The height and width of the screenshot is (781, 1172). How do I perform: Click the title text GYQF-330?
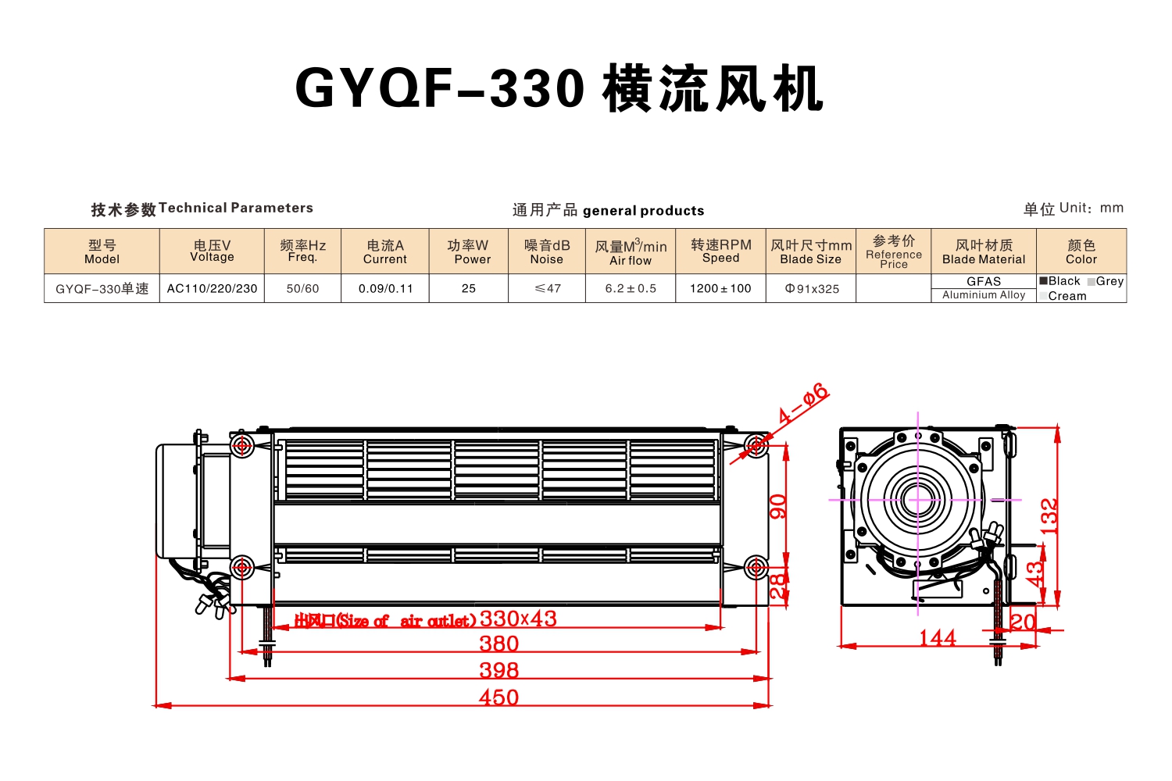[440, 88]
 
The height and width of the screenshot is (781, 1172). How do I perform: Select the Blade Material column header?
[984, 251]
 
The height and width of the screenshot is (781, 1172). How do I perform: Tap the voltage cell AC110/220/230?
[212, 289]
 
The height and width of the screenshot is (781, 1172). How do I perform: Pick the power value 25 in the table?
[469, 289]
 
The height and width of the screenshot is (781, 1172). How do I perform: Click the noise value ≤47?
[547, 289]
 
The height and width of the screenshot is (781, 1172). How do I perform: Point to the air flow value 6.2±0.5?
[631, 289]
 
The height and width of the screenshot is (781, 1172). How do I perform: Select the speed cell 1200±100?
[720, 289]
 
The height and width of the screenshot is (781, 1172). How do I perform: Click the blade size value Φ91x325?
[812, 289]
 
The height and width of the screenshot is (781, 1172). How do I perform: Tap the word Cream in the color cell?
[1067, 296]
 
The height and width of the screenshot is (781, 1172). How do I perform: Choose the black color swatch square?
[1043, 281]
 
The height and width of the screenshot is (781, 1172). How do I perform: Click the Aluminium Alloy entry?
[984, 295]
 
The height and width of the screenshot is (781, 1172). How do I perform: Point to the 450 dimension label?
[498, 697]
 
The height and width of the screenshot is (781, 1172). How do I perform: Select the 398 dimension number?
[498, 670]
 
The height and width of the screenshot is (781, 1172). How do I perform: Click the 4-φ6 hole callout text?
[803, 402]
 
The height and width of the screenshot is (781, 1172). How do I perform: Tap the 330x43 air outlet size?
[518, 619]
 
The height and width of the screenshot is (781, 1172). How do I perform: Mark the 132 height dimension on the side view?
[1049, 516]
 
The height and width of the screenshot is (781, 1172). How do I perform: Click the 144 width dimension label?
[938, 637]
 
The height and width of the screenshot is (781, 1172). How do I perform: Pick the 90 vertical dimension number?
[778, 506]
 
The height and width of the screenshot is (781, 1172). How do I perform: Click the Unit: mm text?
[1092, 209]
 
